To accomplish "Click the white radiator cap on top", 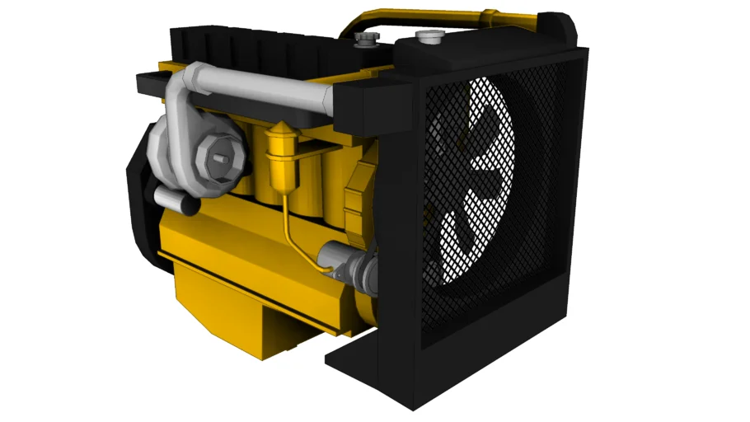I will pyautogui.click(x=430, y=35).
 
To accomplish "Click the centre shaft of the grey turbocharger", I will pyautogui.click(x=218, y=154).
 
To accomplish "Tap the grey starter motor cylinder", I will pyautogui.click(x=350, y=263).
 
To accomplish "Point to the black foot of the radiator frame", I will pyautogui.click(x=363, y=363).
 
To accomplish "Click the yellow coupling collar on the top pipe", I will pyautogui.click(x=491, y=16).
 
